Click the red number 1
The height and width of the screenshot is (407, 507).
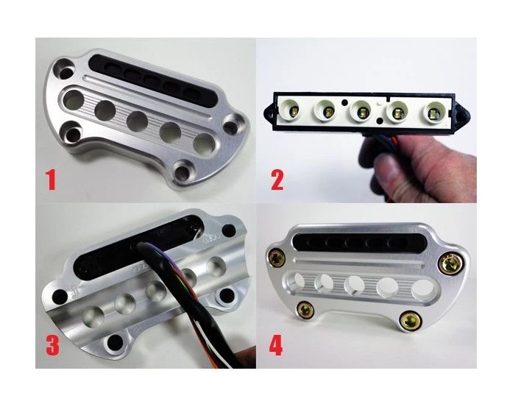tap(51, 180)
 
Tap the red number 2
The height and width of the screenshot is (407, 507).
tap(277, 180)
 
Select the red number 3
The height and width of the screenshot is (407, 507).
tap(52, 345)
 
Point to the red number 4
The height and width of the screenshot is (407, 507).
tap(276, 345)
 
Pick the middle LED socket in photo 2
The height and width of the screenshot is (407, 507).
tap(361, 111)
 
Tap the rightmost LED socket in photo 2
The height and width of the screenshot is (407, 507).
tap(433, 113)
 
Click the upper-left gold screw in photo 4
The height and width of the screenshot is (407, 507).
tap(277, 258)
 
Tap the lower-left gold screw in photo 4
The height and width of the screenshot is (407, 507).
tap(305, 310)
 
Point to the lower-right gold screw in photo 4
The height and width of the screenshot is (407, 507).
tap(411, 320)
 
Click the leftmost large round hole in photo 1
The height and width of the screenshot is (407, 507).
tap(73, 99)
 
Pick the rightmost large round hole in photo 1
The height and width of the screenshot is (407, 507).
tap(205, 144)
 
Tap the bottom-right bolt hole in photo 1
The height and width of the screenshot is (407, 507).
tap(182, 171)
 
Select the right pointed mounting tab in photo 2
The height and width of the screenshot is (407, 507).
tap(462, 113)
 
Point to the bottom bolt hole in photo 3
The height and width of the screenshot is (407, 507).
tap(115, 342)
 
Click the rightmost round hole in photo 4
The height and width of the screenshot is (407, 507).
tap(422, 289)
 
